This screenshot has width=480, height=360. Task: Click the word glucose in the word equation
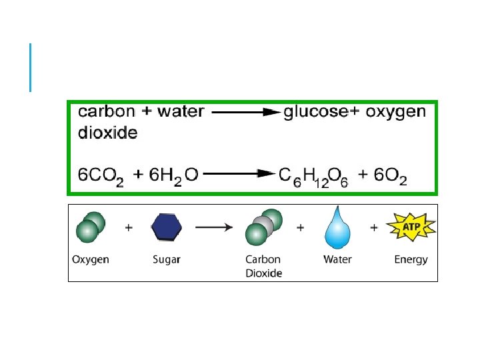coord(315,112)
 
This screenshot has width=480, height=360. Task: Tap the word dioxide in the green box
coord(108,133)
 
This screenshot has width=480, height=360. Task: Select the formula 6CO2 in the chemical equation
coord(101,176)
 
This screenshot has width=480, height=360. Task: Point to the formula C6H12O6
coord(311,176)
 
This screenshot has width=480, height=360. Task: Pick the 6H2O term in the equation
coord(165,176)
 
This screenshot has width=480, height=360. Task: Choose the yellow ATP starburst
coord(411,228)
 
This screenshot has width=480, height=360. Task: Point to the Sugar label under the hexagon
coord(166,259)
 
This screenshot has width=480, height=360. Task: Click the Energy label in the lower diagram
coord(411,259)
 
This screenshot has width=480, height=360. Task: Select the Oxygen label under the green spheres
coord(91,259)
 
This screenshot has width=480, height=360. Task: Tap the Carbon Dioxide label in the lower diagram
coord(263,266)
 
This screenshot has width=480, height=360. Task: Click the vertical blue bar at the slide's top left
coord(31,67)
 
